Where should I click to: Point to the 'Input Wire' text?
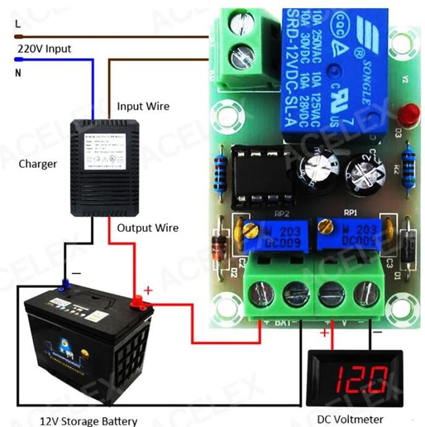(143, 106)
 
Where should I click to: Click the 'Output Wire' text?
(147, 228)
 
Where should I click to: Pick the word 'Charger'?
(38, 164)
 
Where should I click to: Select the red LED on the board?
(408, 114)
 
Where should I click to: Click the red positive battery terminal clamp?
(137, 302)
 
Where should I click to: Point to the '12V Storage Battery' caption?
(89, 421)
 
